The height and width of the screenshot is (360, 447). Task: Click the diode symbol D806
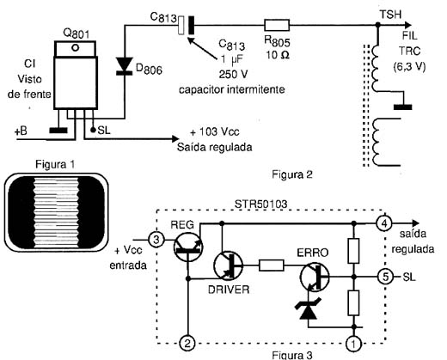click(x=125, y=66)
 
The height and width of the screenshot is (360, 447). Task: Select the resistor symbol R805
click(x=277, y=25)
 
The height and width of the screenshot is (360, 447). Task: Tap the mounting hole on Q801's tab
click(x=76, y=48)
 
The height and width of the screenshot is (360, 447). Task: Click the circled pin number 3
click(x=156, y=240)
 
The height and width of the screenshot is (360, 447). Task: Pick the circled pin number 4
click(x=384, y=223)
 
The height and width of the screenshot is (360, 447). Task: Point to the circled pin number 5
click(x=385, y=277)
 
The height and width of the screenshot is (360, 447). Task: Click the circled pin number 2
click(x=187, y=343)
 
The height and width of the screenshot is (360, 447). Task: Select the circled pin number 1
click(x=354, y=344)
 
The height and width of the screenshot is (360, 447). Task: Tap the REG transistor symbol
click(x=188, y=247)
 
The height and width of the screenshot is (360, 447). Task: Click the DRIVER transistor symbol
click(x=228, y=265)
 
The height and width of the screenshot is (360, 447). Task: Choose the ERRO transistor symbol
click(x=315, y=277)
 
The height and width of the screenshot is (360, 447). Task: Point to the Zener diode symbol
click(x=308, y=308)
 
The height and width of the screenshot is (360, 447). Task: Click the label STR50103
click(x=260, y=204)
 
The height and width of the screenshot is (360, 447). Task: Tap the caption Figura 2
click(x=292, y=174)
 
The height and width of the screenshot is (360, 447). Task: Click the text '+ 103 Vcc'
click(x=215, y=131)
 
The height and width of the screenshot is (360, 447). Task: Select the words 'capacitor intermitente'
click(x=232, y=89)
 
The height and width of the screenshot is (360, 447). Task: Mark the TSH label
click(x=390, y=15)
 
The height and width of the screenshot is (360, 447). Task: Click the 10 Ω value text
click(x=278, y=55)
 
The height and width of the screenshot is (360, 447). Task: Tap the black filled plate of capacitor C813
click(x=191, y=25)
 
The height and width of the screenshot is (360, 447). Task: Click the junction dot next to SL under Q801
click(x=93, y=130)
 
